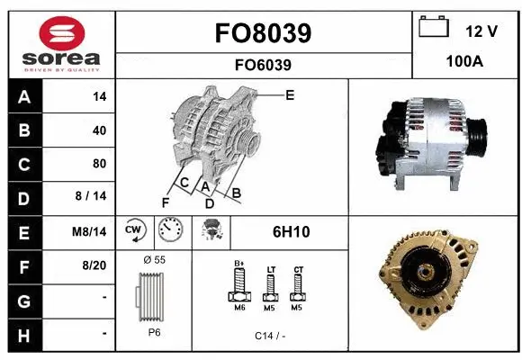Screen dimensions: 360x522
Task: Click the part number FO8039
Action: [264, 33]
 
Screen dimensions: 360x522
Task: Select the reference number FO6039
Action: [264, 65]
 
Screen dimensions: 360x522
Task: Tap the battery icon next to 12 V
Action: [434, 29]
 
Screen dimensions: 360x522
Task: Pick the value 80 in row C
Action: [99, 164]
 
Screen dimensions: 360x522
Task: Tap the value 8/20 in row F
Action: [94, 265]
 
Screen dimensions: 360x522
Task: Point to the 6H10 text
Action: [291, 231]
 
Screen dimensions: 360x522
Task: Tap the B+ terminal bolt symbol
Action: [239, 285]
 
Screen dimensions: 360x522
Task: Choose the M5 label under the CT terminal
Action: [298, 307]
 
